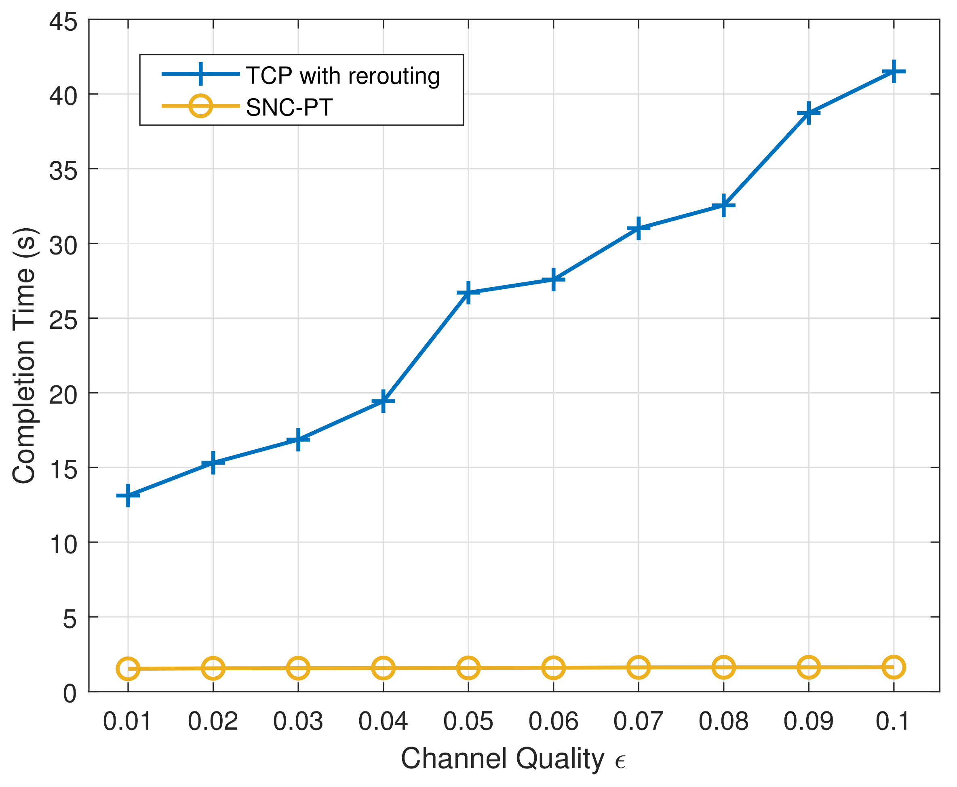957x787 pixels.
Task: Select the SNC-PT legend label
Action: tap(289, 107)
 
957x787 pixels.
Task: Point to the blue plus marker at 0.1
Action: tap(894, 71)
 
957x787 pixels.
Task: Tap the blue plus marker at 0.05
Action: tap(468, 292)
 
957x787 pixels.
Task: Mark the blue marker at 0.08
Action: tap(723, 205)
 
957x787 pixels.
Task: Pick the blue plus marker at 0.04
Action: tap(383, 401)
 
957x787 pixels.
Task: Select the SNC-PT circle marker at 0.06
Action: tap(553, 668)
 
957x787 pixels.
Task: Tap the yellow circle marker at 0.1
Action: tap(894, 667)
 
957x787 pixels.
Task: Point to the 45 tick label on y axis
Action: tap(63, 22)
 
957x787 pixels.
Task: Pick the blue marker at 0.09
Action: tap(809, 113)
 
